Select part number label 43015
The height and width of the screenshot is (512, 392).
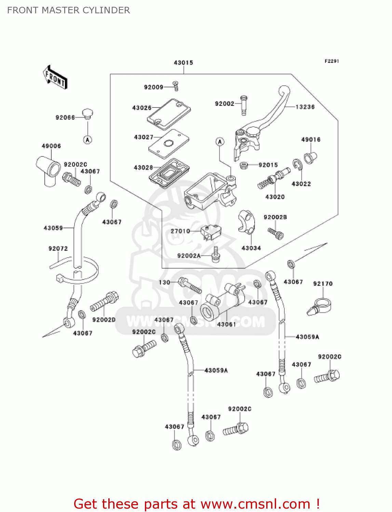click(184, 63)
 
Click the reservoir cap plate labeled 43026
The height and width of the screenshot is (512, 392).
click(169, 114)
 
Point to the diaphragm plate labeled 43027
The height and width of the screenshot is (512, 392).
click(168, 144)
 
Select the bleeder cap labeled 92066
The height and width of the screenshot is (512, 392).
click(88, 113)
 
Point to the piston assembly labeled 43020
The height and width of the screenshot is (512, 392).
click(273, 179)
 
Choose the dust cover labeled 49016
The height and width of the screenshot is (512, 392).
click(310, 157)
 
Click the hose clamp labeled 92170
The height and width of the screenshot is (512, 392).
click(320, 306)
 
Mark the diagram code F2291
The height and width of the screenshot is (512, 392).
click(332, 61)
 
